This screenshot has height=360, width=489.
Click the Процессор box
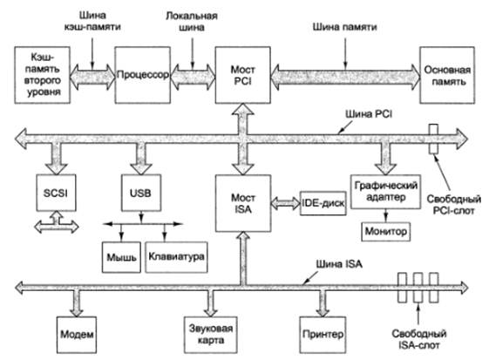click(x=143, y=75)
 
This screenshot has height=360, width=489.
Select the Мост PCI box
click(x=243, y=75)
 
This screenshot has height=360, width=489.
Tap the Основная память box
click(x=447, y=75)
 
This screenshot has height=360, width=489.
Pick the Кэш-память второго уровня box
click(x=43, y=75)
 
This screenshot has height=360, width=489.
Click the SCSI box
click(x=56, y=193)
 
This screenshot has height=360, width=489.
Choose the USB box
click(x=141, y=193)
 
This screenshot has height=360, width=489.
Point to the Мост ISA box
click(x=243, y=203)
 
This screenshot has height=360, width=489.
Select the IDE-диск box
click(x=323, y=203)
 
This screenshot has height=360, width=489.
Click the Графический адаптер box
click(x=386, y=192)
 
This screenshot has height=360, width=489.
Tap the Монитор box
click(x=386, y=232)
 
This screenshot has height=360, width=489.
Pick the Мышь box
click(x=121, y=257)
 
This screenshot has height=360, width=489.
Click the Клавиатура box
click(x=177, y=257)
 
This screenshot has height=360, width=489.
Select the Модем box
click(x=77, y=335)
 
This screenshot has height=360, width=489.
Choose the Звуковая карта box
click(x=211, y=335)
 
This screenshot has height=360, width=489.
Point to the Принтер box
click(x=323, y=335)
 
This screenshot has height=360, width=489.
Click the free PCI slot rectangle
click(x=433, y=139)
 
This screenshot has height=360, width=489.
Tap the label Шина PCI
click(x=369, y=114)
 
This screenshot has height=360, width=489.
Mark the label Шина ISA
click(x=339, y=264)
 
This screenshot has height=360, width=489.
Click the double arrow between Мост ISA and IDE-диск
click(x=285, y=203)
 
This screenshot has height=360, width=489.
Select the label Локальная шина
click(x=192, y=21)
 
